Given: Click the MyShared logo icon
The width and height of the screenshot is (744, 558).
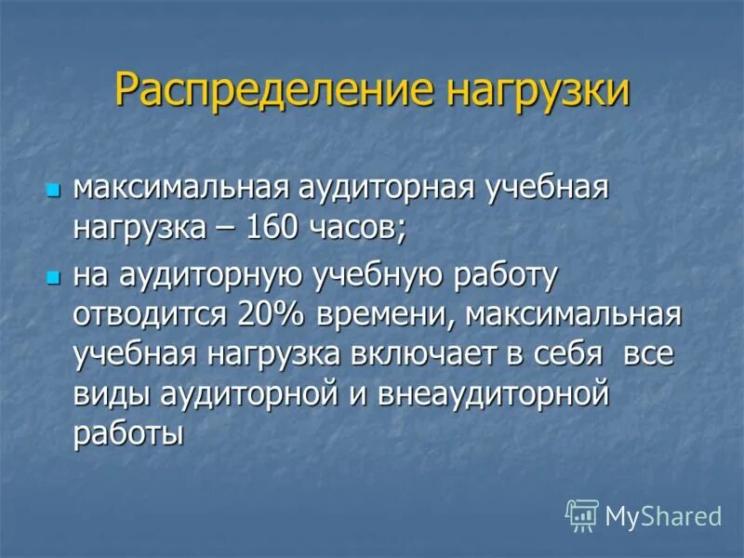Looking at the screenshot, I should tap(581, 514).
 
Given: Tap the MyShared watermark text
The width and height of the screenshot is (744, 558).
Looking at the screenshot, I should tap(663, 515).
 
